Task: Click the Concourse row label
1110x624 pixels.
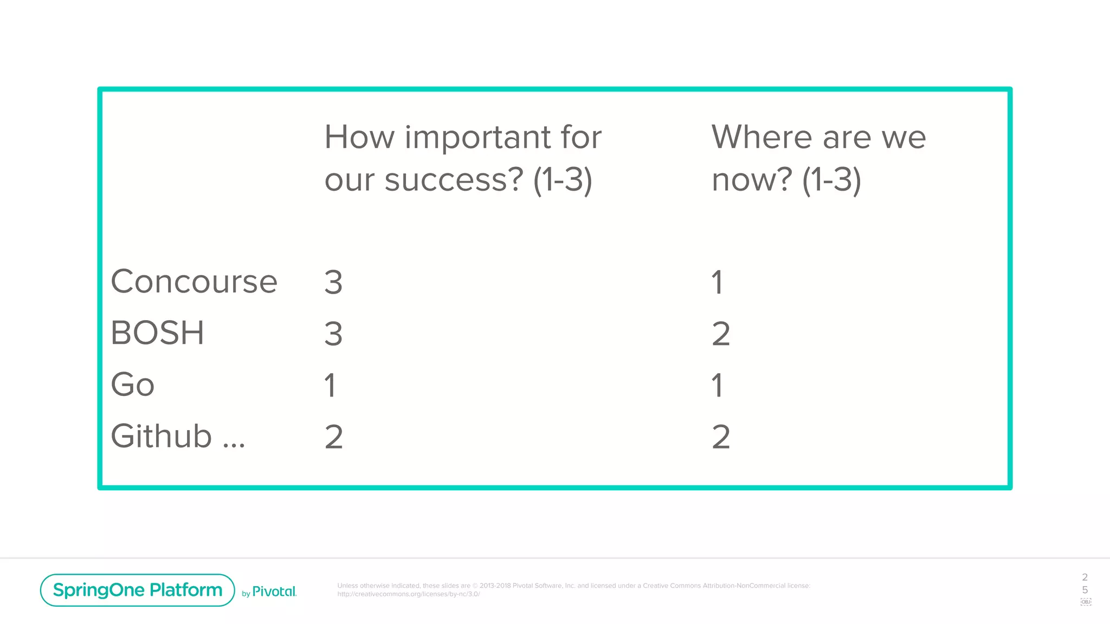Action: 194,282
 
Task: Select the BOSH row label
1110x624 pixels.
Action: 157,333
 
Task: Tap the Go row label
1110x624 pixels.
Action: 133,385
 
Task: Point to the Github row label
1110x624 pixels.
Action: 162,436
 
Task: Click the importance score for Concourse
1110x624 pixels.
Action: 333,282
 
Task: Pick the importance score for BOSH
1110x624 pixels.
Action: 333,334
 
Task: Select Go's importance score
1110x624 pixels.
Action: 330,385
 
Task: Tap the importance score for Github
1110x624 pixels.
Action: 334,437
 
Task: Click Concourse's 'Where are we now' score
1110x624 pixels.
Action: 717,282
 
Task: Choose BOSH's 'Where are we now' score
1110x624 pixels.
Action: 721,334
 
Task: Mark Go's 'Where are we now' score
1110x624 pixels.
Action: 717,385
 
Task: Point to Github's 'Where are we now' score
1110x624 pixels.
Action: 721,437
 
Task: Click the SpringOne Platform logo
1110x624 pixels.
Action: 138,590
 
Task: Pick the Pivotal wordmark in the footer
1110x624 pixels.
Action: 274,591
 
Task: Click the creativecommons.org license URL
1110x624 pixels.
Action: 409,594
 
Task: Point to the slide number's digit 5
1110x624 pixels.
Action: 1085,589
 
